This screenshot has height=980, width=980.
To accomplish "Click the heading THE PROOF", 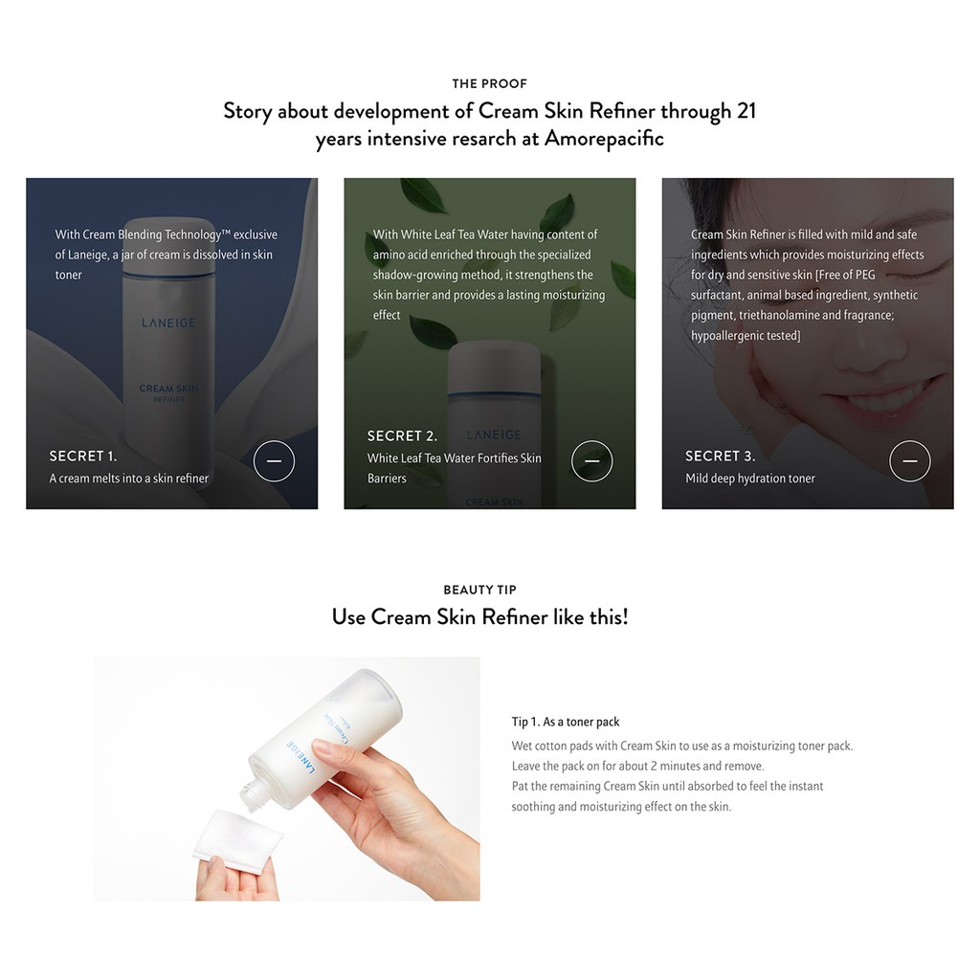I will tap(489, 83).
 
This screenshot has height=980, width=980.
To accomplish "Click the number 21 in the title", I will tap(746, 111).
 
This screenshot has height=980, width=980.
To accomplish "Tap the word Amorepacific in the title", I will tap(603, 139).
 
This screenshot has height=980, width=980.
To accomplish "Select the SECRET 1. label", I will tap(82, 457).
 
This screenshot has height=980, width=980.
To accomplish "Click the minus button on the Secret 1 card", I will tap(274, 461).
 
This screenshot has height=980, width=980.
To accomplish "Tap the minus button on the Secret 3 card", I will tap(909, 461).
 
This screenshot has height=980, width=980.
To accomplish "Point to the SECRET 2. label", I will tap(402, 436).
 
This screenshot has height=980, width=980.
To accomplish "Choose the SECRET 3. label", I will tap(720, 457).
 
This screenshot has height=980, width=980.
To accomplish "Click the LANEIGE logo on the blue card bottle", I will tap(168, 323).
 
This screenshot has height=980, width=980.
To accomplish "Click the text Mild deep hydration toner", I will tap(750, 479).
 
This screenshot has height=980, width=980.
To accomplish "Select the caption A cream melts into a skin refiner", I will tap(129, 479).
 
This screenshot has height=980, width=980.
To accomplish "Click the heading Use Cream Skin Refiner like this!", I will tap(479, 617).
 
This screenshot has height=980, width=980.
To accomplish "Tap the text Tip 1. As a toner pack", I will tap(566, 722).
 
